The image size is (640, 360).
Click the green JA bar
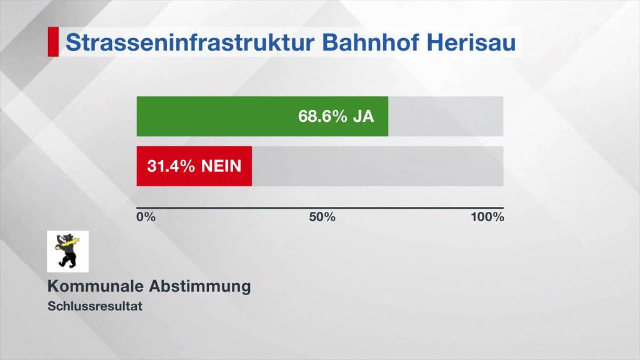point(219,116)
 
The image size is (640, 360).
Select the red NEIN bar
point(194,166)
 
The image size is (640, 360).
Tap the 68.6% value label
point(322,116)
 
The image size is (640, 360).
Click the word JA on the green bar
point(363,116)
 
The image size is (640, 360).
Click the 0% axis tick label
point(146,217)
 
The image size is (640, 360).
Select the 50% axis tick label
point(322,217)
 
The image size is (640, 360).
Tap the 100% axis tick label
point(487,217)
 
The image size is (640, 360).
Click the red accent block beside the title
point(53,42)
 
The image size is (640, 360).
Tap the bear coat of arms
point(67,251)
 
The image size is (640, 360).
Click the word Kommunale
point(96,286)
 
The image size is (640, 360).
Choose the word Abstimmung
point(200,286)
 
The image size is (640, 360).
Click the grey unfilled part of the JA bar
point(446,116)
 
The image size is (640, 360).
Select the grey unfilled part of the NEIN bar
point(377,166)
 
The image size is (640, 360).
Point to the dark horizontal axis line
point(320,207)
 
